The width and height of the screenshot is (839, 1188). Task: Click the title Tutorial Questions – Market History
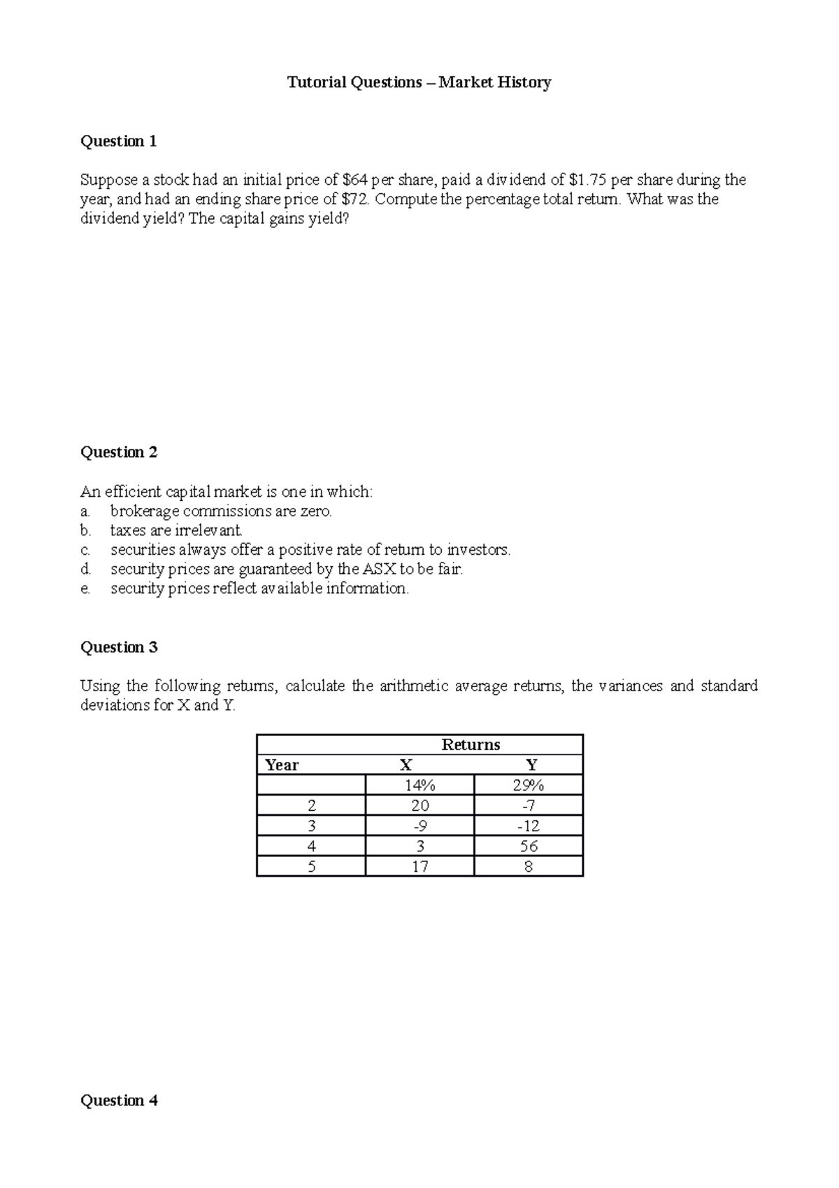click(419, 83)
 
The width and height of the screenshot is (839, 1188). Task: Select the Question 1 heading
click(119, 141)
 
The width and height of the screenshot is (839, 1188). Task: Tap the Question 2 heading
click(119, 452)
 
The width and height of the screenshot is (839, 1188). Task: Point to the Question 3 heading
click(119, 647)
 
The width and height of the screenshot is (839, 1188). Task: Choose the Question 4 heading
click(119, 1101)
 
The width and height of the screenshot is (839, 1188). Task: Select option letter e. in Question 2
click(85, 588)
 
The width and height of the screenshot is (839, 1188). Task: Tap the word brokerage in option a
click(145, 511)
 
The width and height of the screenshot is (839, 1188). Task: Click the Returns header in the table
click(471, 744)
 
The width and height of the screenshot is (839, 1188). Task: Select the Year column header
click(282, 765)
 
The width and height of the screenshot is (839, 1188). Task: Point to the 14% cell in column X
click(419, 785)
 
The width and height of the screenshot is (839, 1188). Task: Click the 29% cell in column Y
click(528, 785)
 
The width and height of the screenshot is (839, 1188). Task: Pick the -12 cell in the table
click(528, 826)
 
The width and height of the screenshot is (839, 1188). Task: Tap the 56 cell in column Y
click(528, 846)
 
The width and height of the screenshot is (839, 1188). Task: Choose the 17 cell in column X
click(419, 866)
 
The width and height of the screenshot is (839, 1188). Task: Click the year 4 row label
click(311, 846)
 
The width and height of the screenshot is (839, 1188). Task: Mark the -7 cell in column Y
click(528, 805)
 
